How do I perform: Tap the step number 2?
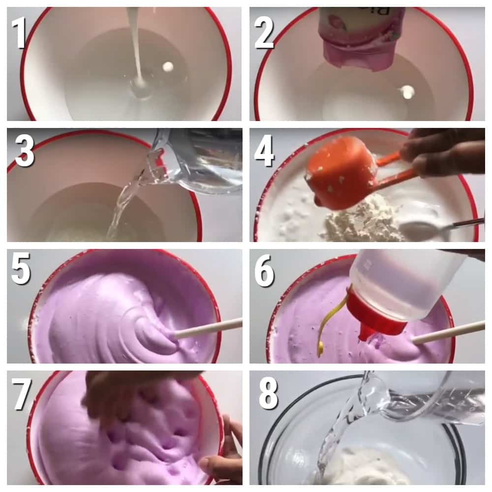click(x=264, y=33)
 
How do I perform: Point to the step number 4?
click(x=264, y=151)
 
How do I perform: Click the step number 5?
click(x=21, y=269)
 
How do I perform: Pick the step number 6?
click(x=264, y=271)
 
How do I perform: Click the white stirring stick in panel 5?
click(x=208, y=328)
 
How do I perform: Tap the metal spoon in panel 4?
click(x=439, y=229)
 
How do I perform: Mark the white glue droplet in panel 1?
click(x=168, y=66)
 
